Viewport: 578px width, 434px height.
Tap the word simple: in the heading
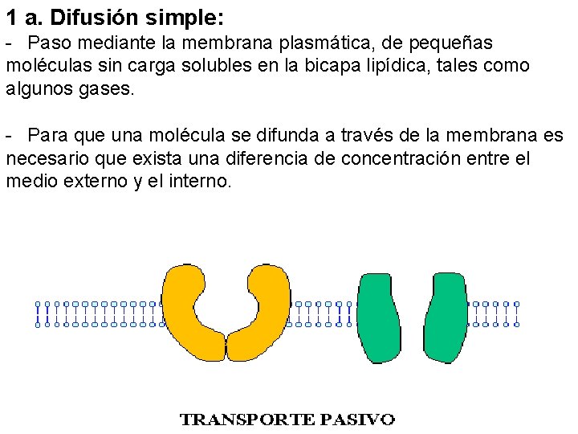pos(181,15)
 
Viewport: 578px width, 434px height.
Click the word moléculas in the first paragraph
pos(46,65)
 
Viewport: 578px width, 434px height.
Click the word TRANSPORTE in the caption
pos(247,420)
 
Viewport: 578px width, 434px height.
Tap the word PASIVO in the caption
pos(357,420)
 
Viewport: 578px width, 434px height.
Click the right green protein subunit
pos(446,317)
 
